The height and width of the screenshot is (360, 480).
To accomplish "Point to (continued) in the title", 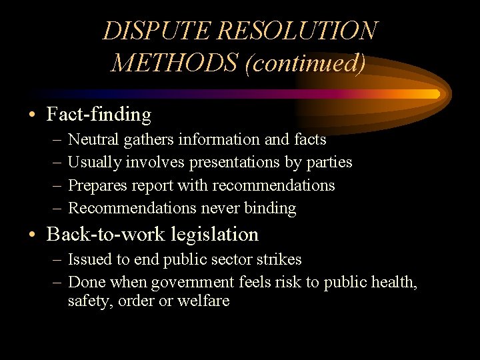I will click(305, 64).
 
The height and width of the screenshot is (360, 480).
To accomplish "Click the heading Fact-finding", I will click(99, 115).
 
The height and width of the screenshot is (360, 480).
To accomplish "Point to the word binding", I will click(270, 208).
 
